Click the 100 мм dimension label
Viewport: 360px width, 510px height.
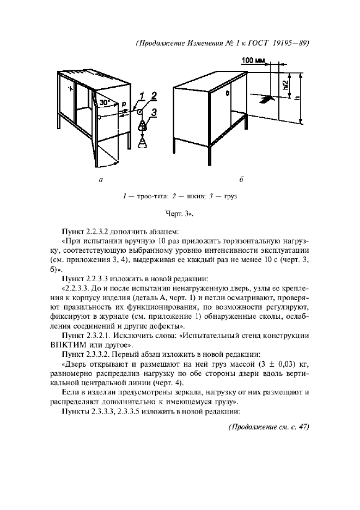point(253,60)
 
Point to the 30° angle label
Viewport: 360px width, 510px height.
point(104,102)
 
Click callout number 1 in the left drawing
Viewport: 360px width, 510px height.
point(140,96)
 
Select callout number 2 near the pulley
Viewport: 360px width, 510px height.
point(154,96)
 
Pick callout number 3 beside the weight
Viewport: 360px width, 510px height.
point(155,113)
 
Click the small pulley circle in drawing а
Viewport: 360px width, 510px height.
point(139,112)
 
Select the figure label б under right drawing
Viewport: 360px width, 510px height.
point(241,179)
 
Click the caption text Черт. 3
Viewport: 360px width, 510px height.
point(180,214)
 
